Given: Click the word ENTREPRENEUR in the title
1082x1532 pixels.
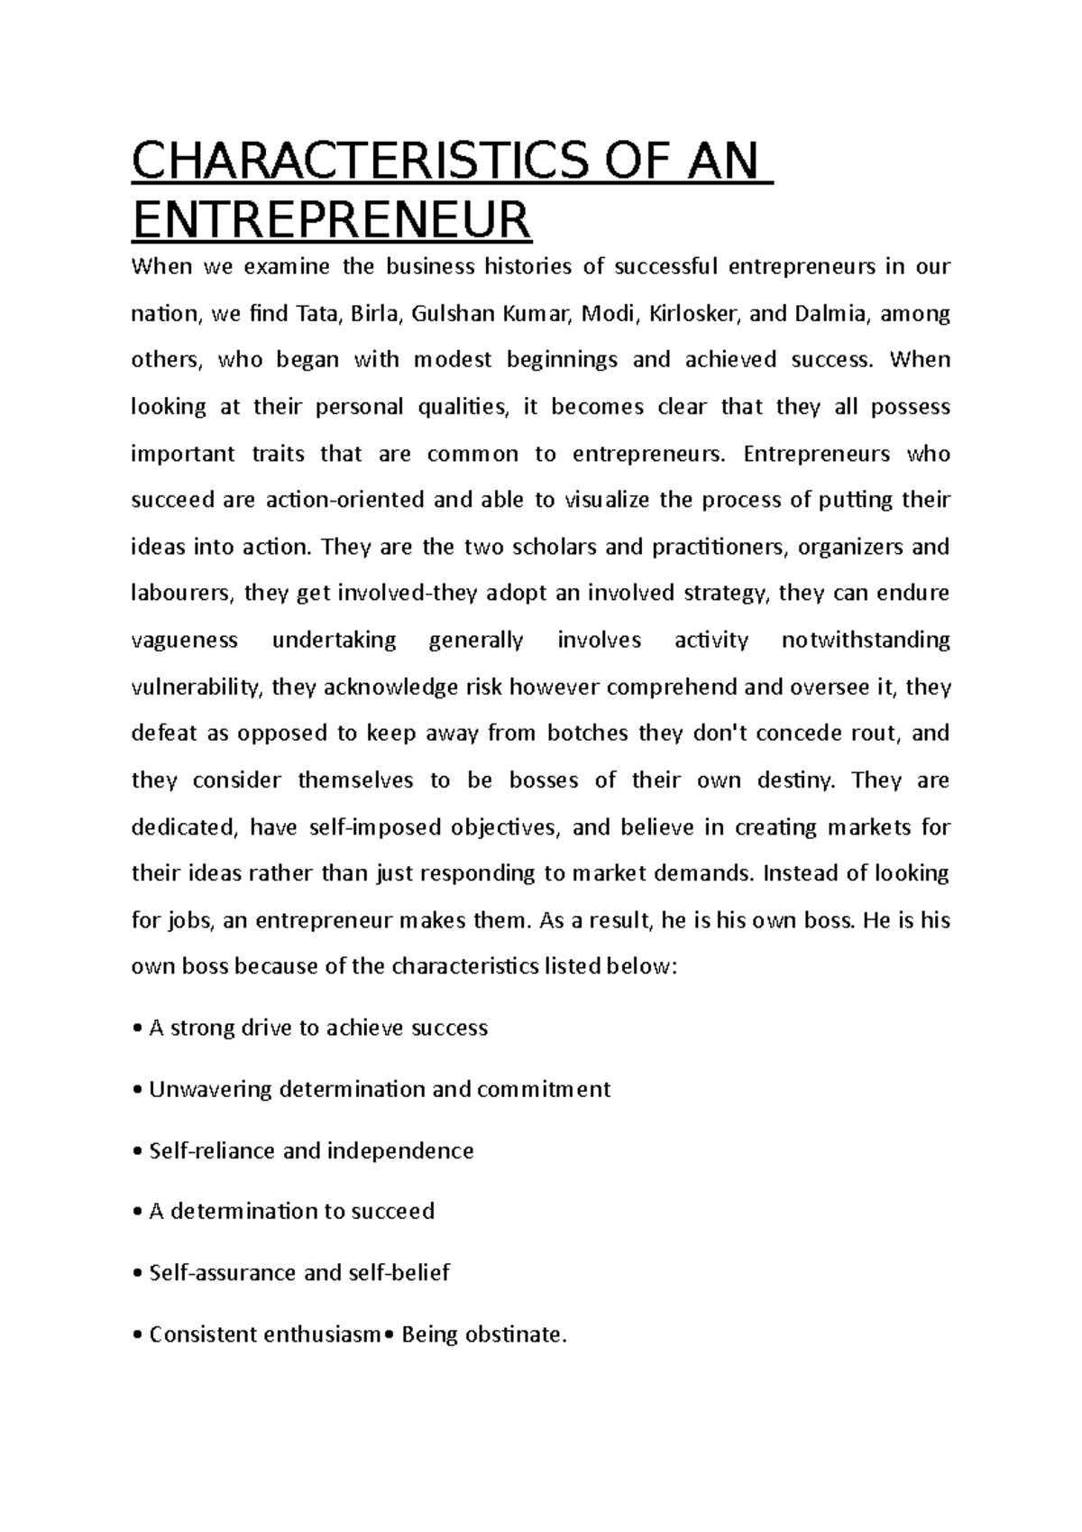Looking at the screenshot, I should (x=331, y=220).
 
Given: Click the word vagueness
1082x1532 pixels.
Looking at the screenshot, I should (x=185, y=641).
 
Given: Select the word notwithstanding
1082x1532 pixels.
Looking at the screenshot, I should (x=866, y=641).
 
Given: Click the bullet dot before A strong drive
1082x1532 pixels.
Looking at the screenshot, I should (x=136, y=1029).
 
